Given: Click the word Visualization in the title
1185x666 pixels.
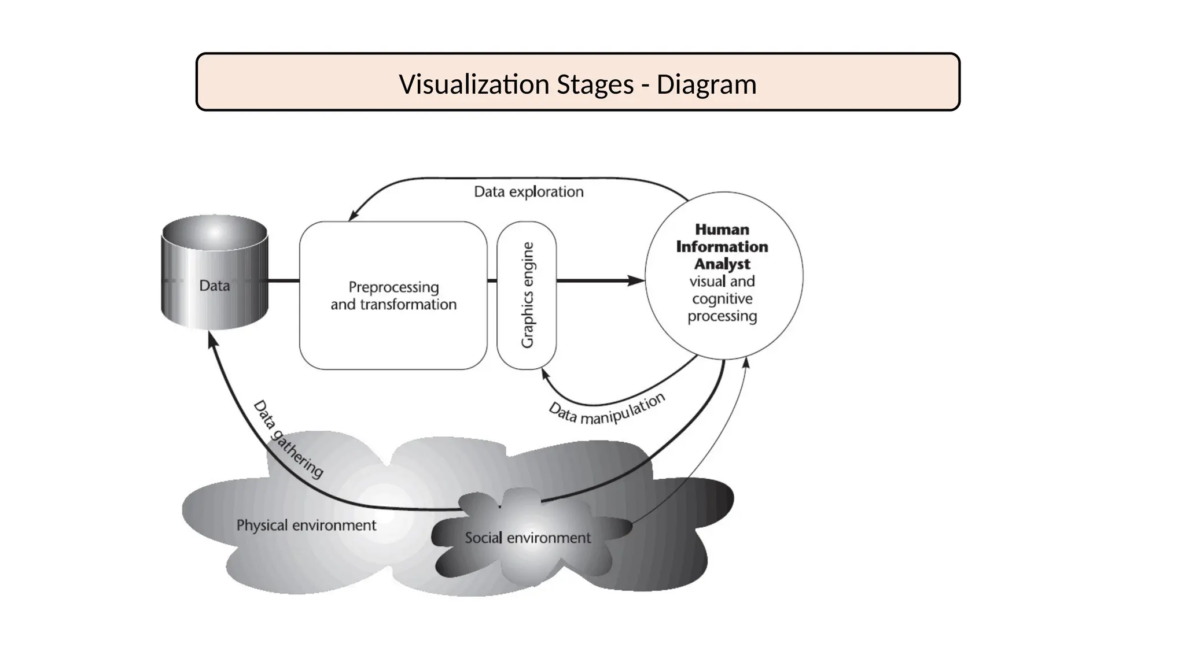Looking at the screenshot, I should [474, 84].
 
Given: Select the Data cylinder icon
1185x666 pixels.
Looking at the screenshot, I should [215, 272].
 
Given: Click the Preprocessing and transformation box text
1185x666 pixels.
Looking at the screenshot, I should [393, 295].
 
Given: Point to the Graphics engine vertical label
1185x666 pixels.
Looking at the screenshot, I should [527, 295].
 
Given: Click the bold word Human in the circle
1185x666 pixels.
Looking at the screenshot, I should [722, 230].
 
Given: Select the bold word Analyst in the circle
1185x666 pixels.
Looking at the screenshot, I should [722, 264].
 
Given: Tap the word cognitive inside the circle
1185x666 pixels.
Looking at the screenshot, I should [722, 299].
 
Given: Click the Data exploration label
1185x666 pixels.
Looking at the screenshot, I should [528, 191].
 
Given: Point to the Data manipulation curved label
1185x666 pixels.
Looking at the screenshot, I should [606, 410].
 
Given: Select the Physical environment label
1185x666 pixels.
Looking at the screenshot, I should [306, 526].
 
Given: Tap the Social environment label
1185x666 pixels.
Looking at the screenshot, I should [528, 538].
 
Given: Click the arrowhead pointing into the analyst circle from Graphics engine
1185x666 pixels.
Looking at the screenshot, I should [636, 281].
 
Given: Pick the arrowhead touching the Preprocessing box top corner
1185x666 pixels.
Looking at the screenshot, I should [353, 215].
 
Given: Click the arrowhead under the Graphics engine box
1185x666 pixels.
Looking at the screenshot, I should [544, 374].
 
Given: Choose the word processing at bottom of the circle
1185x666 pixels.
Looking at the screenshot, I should [722, 316].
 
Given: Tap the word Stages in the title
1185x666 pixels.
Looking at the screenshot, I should [595, 84].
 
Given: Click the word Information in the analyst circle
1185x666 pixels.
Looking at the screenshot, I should [722, 247].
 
